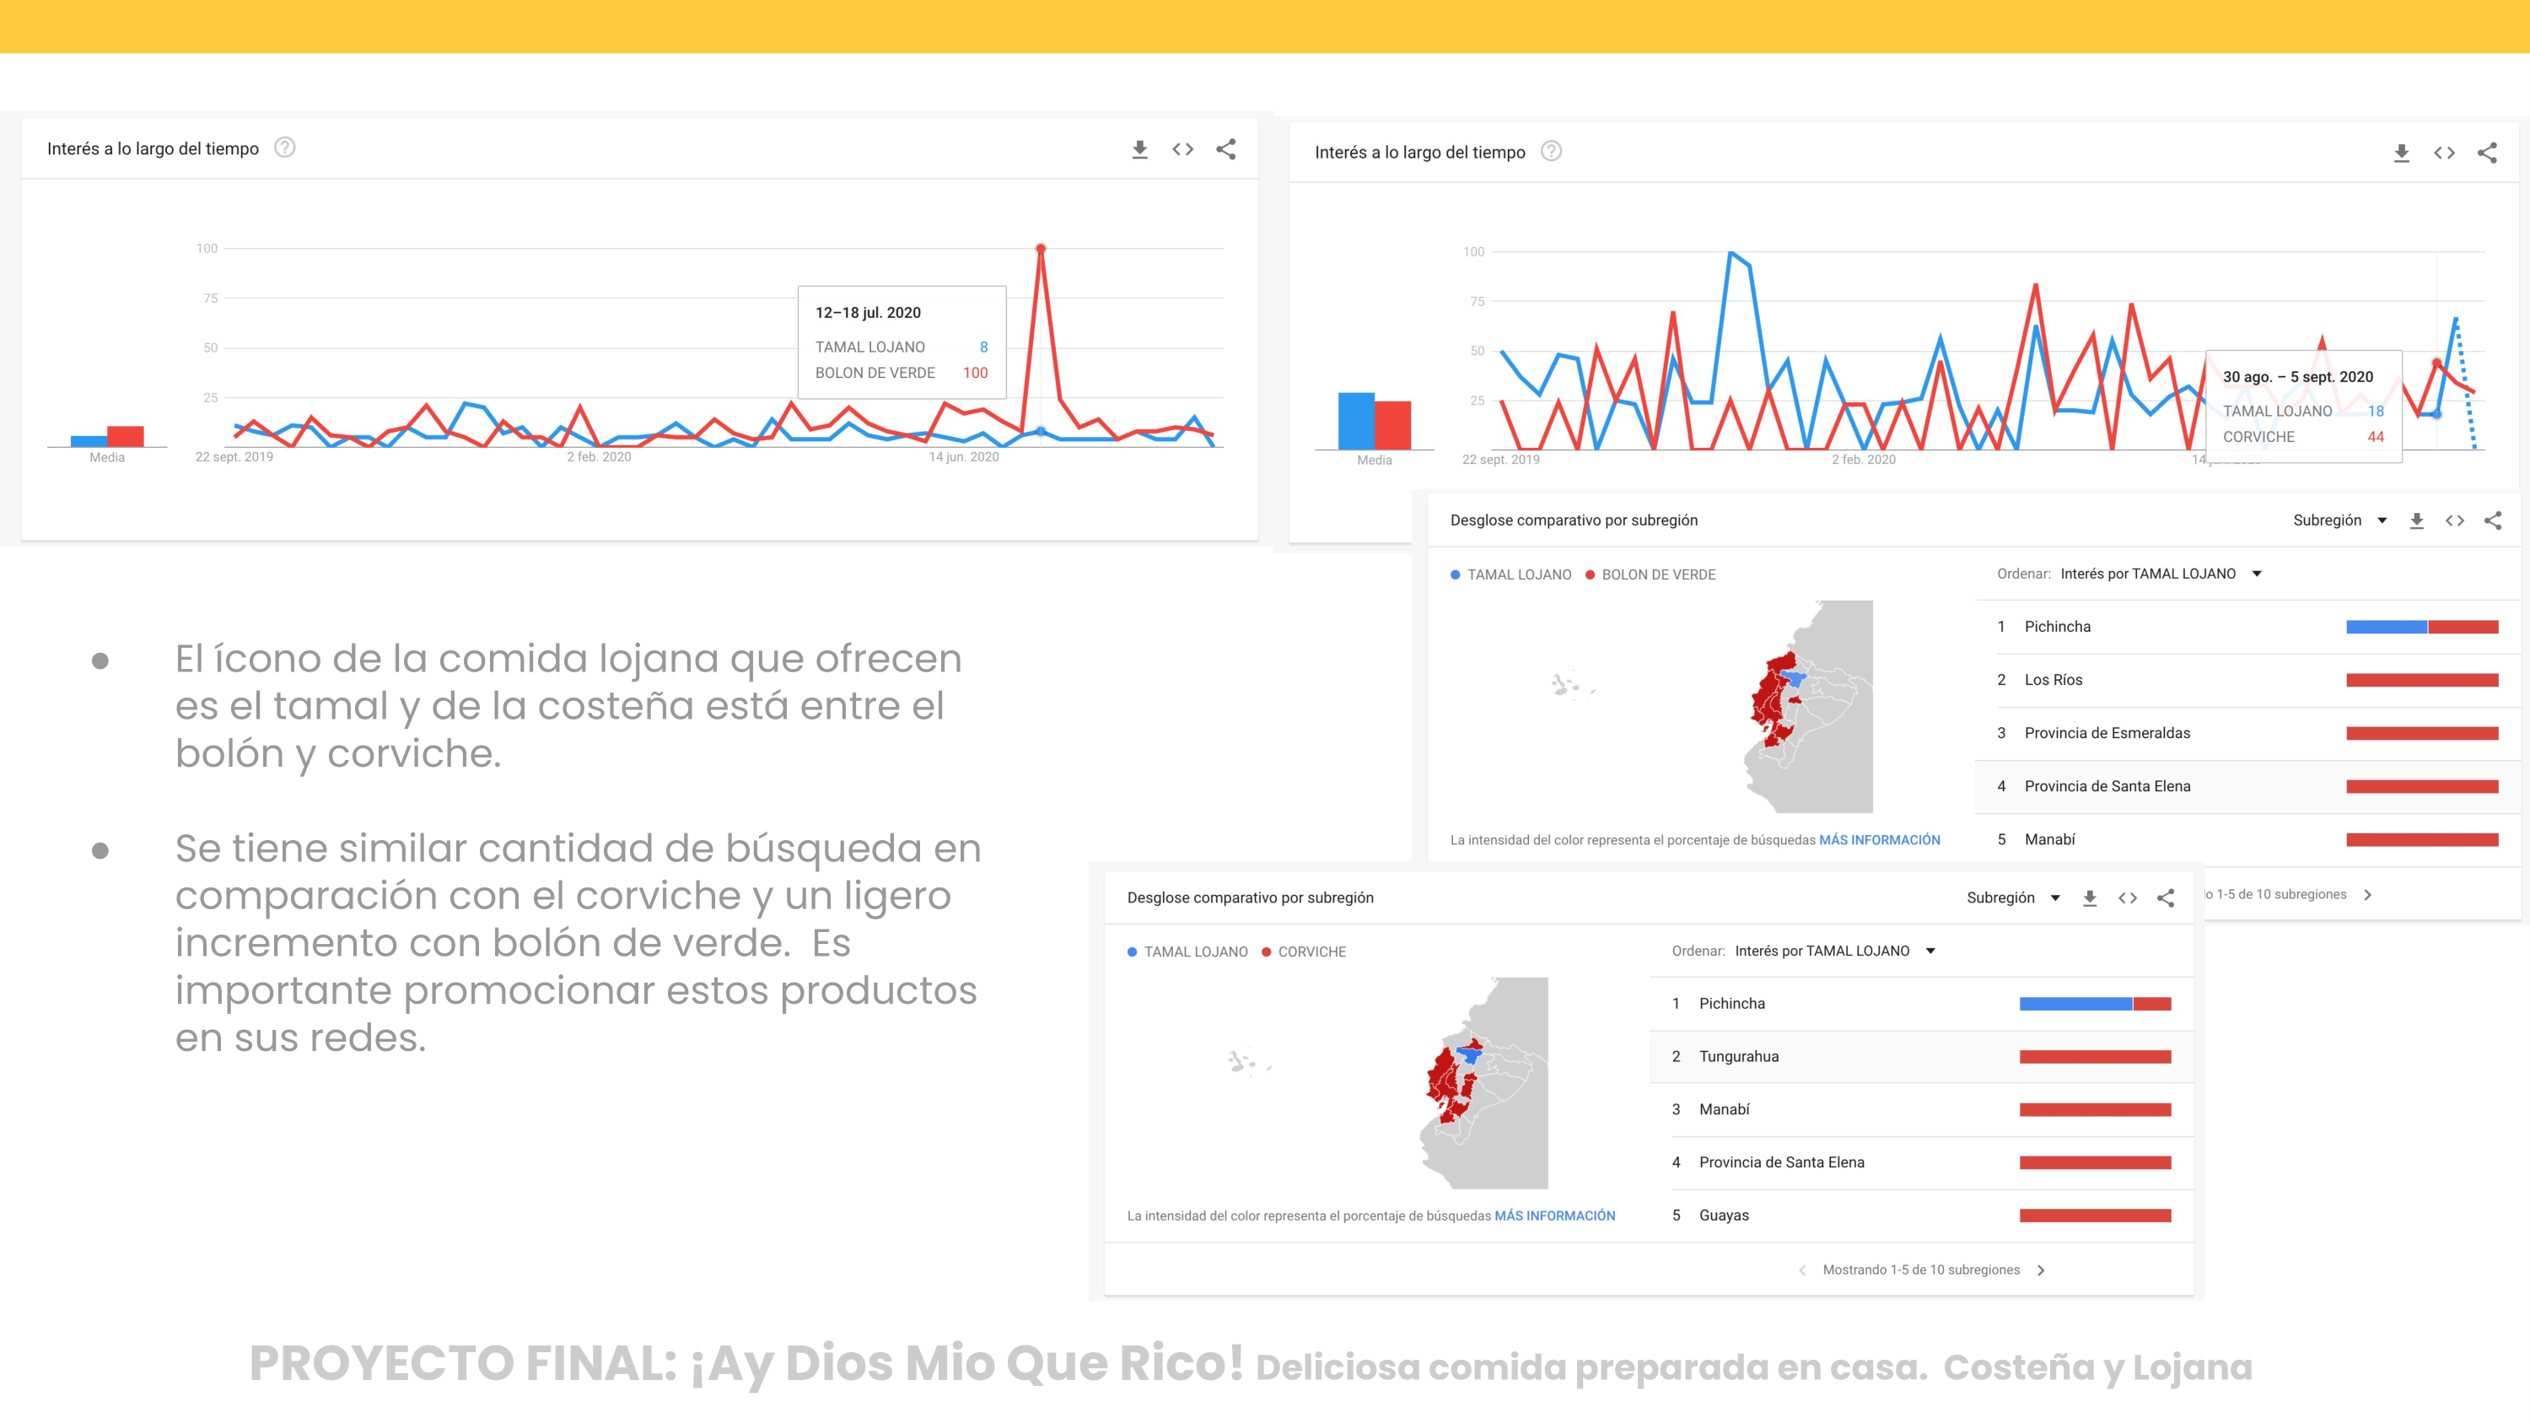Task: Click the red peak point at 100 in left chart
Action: pyautogui.click(x=1040, y=249)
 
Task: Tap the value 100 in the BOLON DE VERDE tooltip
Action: pyautogui.click(x=974, y=373)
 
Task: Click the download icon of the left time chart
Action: pyautogui.click(x=1139, y=149)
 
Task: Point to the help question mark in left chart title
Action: pyautogui.click(x=285, y=148)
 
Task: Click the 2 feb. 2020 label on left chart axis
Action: pyautogui.click(x=598, y=456)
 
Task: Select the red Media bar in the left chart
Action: pyautogui.click(x=126, y=436)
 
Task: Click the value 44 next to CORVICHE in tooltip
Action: pyautogui.click(x=2375, y=437)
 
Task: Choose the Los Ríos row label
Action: pyautogui.click(x=2053, y=680)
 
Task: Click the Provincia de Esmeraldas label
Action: pyautogui.click(x=2107, y=733)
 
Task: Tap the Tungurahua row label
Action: pyautogui.click(x=1738, y=1057)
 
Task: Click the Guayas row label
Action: pyautogui.click(x=1724, y=1215)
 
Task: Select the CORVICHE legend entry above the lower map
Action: pyautogui.click(x=1311, y=951)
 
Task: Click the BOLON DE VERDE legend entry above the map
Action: pyautogui.click(x=1658, y=574)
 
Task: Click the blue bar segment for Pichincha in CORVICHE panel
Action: pyautogui.click(x=2075, y=1004)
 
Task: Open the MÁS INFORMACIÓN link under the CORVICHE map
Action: pyautogui.click(x=1553, y=1215)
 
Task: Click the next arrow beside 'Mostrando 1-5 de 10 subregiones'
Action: pyautogui.click(x=2041, y=1269)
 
